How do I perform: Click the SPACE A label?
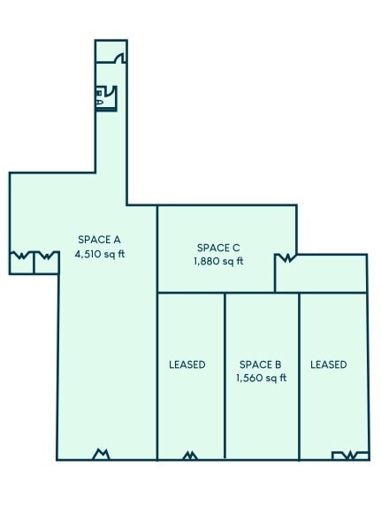click(x=99, y=239)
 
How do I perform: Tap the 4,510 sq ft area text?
click(x=99, y=254)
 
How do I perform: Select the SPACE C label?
click(x=218, y=248)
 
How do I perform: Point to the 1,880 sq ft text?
click(x=218, y=261)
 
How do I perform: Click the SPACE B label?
click(x=261, y=364)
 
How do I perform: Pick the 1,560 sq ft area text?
click(x=261, y=378)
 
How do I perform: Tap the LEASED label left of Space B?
click(x=187, y=364)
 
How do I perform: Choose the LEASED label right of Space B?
click(x=329, y=364)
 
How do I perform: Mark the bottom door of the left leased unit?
click(x=190, y=456)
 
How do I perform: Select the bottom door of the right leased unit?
click(x=350, y=456)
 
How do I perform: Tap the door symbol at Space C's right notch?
click(x=285, y=258)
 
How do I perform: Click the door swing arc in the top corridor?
click(x=120, y=57)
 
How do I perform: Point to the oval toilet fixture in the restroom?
click(x=100, y=103)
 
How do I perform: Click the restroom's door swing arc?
click(x=112, y=92)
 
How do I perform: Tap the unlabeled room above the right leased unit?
click(x=321, y=274)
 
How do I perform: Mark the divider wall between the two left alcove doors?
click(x=34, y=264)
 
